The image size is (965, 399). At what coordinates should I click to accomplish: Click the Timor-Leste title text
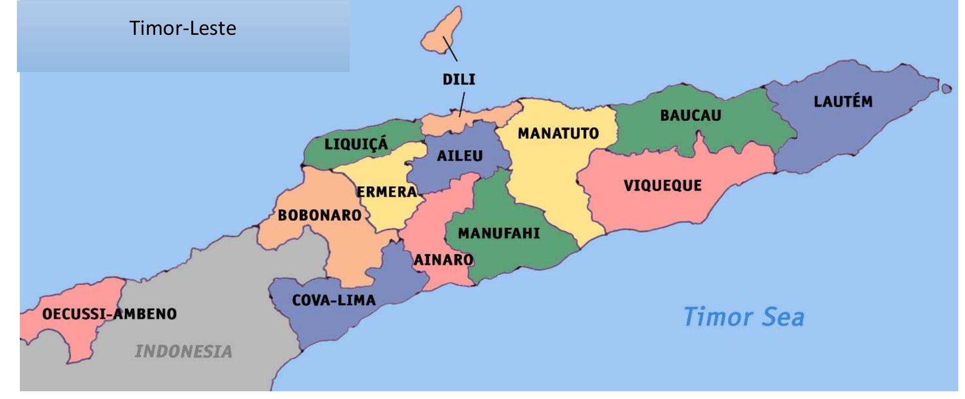click(x=183, y=28)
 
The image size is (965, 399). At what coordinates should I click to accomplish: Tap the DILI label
click(x=459, y=79)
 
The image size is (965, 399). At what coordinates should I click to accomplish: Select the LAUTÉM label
click(x=843, y=102)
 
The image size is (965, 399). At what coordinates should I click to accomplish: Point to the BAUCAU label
click(x=690, y=115)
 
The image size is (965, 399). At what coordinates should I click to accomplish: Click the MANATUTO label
click(x=558, y=133)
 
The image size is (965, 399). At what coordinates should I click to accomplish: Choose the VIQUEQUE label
click(x=662, y=185)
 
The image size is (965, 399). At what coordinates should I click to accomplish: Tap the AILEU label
click(x=460, y=156)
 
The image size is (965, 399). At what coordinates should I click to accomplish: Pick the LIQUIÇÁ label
click(x=356, y=144)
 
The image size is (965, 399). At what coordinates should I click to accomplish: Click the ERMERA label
click(x=387, y=192)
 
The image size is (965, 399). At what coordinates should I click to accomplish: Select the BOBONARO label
click(x=320, y=215)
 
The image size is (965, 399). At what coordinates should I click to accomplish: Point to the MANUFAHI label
click(x=499, y=234)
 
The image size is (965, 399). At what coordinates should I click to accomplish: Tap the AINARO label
click(x=443, y=260)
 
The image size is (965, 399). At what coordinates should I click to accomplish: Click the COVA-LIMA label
click(x=334, y=300)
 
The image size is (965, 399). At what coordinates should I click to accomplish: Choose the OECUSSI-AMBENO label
click(x=109, y=314)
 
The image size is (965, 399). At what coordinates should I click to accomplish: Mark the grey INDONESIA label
click(x=184, y=351)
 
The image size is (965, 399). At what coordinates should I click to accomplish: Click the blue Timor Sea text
click(x=744, y=317)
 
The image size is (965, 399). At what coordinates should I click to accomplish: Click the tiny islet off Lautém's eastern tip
click(x=947, y=89)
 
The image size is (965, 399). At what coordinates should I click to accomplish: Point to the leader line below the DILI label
click(x=462, y=104)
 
